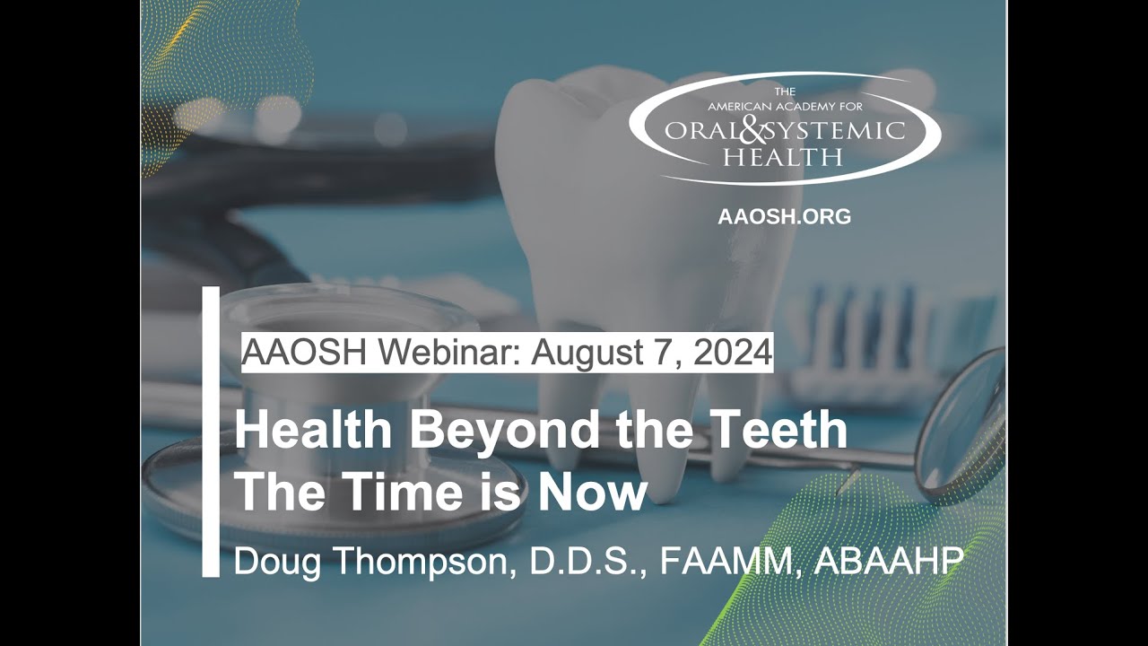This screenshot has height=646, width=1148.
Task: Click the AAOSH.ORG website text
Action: pyautogui.click(x=784, y=216)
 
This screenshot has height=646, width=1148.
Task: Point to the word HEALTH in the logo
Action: pyautogui.click(x=784, y=158)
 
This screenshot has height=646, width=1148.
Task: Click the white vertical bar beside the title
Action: pyautogui.click(x=211, y=431)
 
